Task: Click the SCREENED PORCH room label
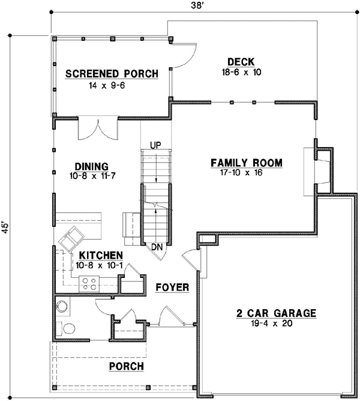[112, 74]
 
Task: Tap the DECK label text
[241, 61]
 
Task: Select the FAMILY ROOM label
[246, 163]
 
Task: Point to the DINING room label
[91, 167]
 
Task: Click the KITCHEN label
[95, 255]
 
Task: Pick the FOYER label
[172, 288]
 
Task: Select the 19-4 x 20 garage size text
[275, 324]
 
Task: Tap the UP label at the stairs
[155, 145]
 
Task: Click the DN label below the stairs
[155, 246]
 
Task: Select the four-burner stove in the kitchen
[89, 283]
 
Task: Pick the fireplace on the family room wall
[321, 170]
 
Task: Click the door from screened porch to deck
[184, 55]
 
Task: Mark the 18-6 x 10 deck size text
[241, 72]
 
